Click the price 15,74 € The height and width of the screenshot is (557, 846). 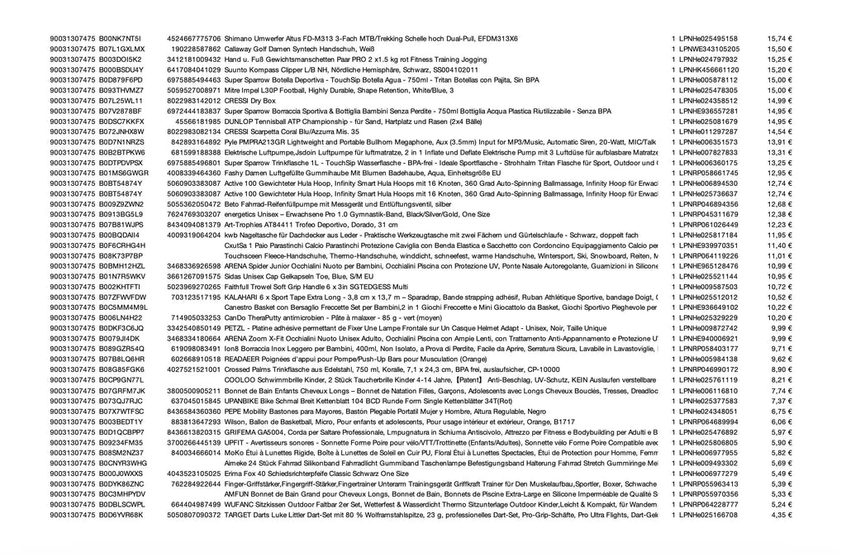tap(779, 39)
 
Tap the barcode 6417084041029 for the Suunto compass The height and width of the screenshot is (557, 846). tap(193, 70)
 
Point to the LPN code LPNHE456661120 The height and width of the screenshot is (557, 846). tap(709, 70)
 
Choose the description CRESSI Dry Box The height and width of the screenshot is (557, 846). tap(250, 101)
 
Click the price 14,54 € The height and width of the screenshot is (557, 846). tap(779, 131)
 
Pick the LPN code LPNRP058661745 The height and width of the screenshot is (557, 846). tap(709, 173)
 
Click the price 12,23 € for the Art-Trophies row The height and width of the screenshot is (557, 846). tap(779, 224)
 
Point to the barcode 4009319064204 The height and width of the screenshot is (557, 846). tap(193, 235)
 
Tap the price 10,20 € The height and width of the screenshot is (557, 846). tap(779, 317)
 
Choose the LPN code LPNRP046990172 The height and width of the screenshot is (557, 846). tap(709, 369)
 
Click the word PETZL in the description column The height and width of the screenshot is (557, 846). tap(235, 327)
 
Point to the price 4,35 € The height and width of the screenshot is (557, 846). tap(781, 515)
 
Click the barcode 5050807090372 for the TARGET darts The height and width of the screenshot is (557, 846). tap(193, 515)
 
